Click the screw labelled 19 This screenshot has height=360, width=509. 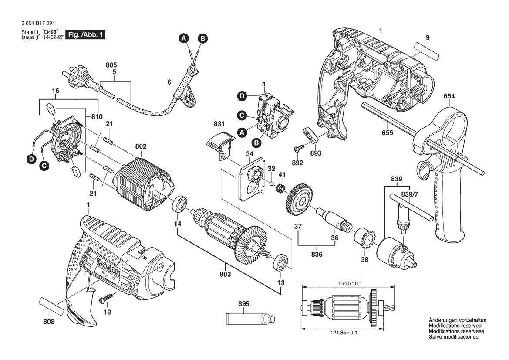(x=106, y=299)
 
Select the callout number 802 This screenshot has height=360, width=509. (x=141, y=146)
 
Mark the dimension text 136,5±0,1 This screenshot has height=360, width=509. (x=350, y=283)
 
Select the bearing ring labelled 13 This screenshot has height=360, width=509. (x=281, y=263)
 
